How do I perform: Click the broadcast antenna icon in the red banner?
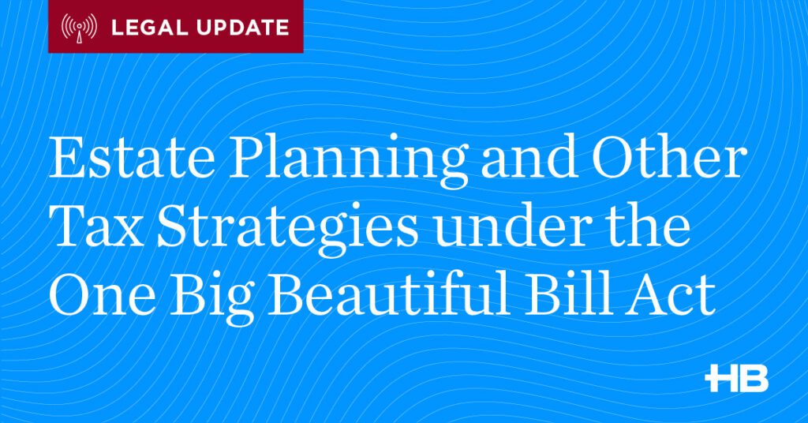tap(80, 28)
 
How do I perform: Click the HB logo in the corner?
tap(736, 378)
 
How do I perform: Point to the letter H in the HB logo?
tap(720, 378)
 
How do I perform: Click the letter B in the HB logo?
tap(754, 378)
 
